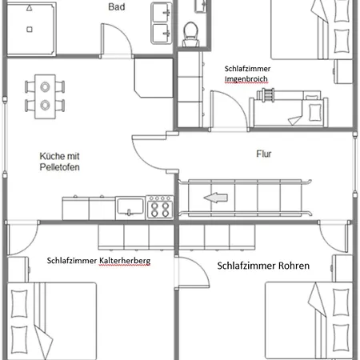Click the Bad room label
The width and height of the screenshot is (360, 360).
click(117, 6)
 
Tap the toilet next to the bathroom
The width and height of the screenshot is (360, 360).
click(190, 34)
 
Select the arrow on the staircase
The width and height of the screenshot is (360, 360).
click(216, 198)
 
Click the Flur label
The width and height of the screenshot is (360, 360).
click(264, 154)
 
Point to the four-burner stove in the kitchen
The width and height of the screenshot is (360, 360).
click(160, 207)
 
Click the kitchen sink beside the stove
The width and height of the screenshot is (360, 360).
click(130, 208)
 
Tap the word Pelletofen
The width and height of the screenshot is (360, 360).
click(59, 167)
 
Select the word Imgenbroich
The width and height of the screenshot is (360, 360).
click(246, 79)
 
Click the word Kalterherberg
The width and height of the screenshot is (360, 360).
click(125, 261)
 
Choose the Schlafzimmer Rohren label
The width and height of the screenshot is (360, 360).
click(263, 266)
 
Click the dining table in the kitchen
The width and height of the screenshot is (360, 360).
click(45, 97)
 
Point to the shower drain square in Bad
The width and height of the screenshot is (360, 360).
click(30, 30)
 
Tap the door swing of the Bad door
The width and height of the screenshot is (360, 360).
click(117, 40)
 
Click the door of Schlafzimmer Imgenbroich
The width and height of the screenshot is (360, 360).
click(230, 110)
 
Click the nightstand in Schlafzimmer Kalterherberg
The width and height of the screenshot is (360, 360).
click(18, 270)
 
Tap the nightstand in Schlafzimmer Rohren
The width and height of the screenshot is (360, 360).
click(342, 268)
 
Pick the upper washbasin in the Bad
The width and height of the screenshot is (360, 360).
click(161, 13)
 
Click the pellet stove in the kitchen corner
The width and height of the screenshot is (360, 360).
click(154, 78)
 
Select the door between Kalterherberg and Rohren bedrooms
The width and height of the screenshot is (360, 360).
click(192, 272)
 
